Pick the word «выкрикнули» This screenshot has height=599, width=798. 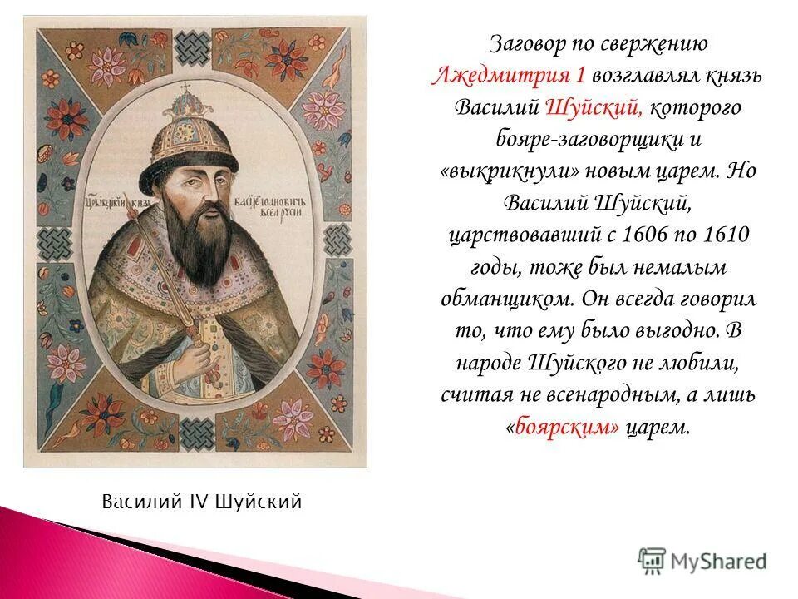click(x=517, y=172)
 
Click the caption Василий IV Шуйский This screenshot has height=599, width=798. click(x=201, y=502)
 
